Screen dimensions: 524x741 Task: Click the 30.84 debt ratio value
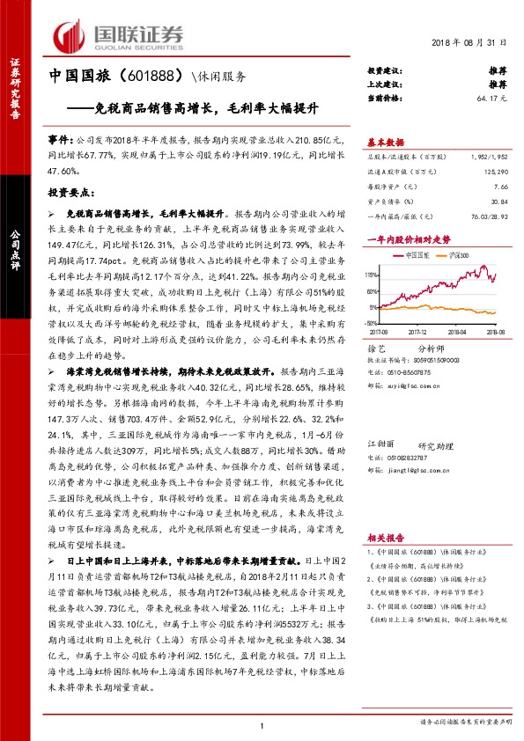(498, 202)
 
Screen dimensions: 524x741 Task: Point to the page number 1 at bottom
(262, 725)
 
